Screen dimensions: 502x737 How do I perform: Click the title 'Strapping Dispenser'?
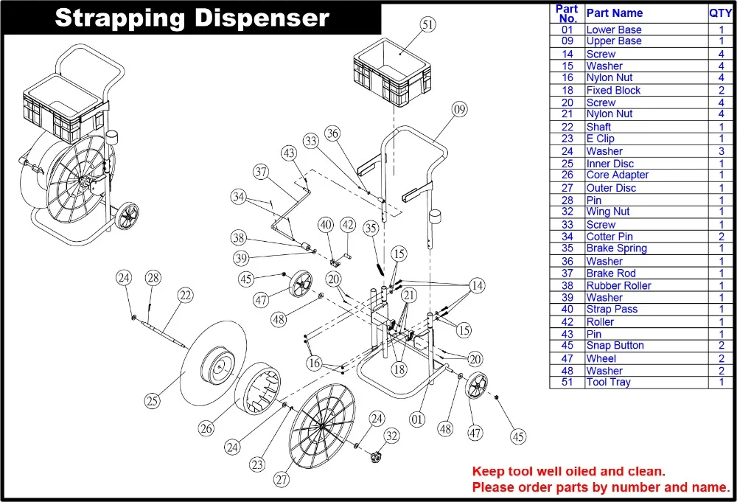[192, 18]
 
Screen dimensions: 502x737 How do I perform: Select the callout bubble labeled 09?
[460, 110]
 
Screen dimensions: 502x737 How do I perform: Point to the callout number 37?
[261, 172]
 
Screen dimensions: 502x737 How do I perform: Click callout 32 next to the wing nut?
[391, 436]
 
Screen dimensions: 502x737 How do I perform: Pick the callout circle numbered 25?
[152, 401]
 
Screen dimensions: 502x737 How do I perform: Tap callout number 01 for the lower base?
[418, 419]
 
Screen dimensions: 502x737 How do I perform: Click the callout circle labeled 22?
[185, 295]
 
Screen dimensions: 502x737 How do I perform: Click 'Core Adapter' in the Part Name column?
[617, 175]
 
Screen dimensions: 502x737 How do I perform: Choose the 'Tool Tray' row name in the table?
[608, 382]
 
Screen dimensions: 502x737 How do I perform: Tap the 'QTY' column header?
[720, 13]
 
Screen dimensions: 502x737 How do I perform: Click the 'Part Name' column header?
[614, 13]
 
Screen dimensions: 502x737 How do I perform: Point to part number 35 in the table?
[567, 248]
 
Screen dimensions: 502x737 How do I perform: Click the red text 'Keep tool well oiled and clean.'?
[568, 471]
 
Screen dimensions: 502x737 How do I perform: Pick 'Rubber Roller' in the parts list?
[618, 285]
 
